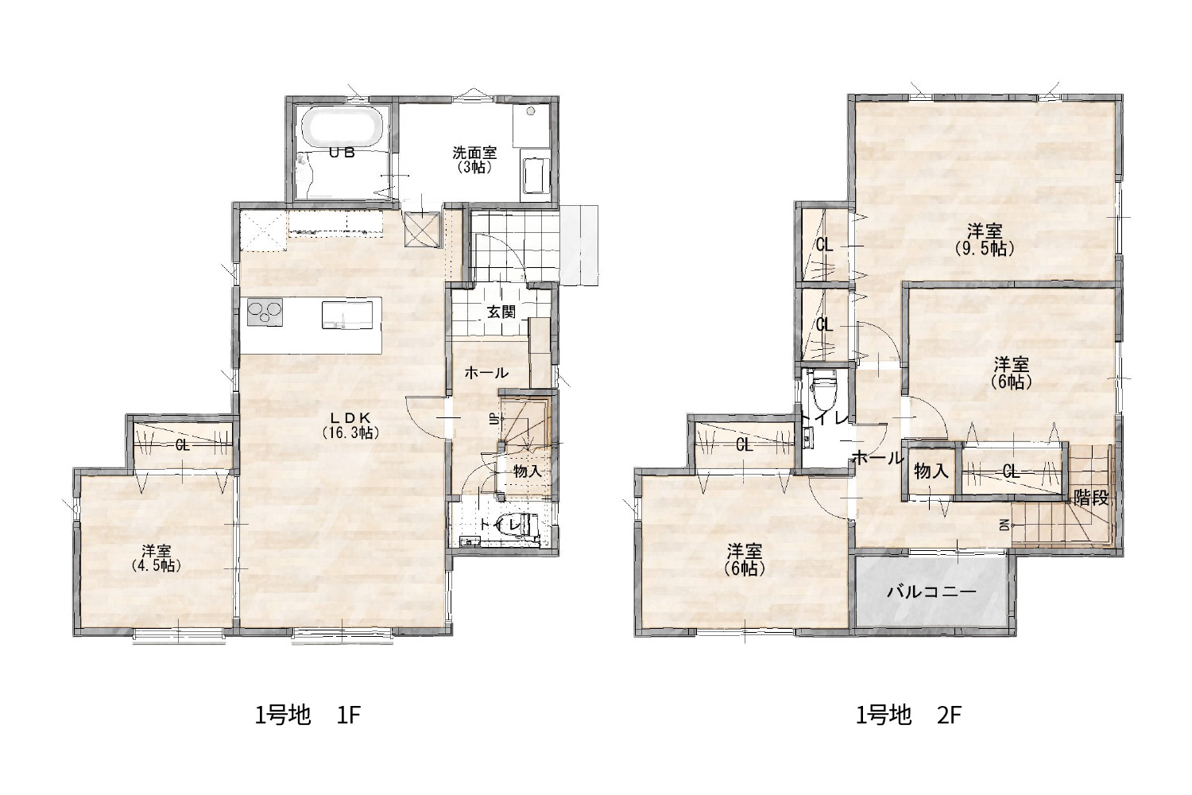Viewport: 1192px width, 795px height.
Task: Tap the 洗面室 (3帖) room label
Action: click(474, 160)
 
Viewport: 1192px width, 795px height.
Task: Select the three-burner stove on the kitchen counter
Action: click(265, 312)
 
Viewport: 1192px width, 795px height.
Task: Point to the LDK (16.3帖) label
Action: click(350, 425)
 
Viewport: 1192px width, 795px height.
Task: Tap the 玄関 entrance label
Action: click(501, 312)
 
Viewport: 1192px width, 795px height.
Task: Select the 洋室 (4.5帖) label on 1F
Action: click(157, 558)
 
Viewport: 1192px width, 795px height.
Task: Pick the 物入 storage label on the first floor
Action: click(528, 471)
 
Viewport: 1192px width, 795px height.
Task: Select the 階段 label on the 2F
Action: click(1091, 498)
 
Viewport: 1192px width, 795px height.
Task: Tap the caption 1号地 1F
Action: click(308, 715)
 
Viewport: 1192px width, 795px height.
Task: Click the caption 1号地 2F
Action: click(908, 715)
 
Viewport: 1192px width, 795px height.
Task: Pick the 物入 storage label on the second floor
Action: click(931, 470)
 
